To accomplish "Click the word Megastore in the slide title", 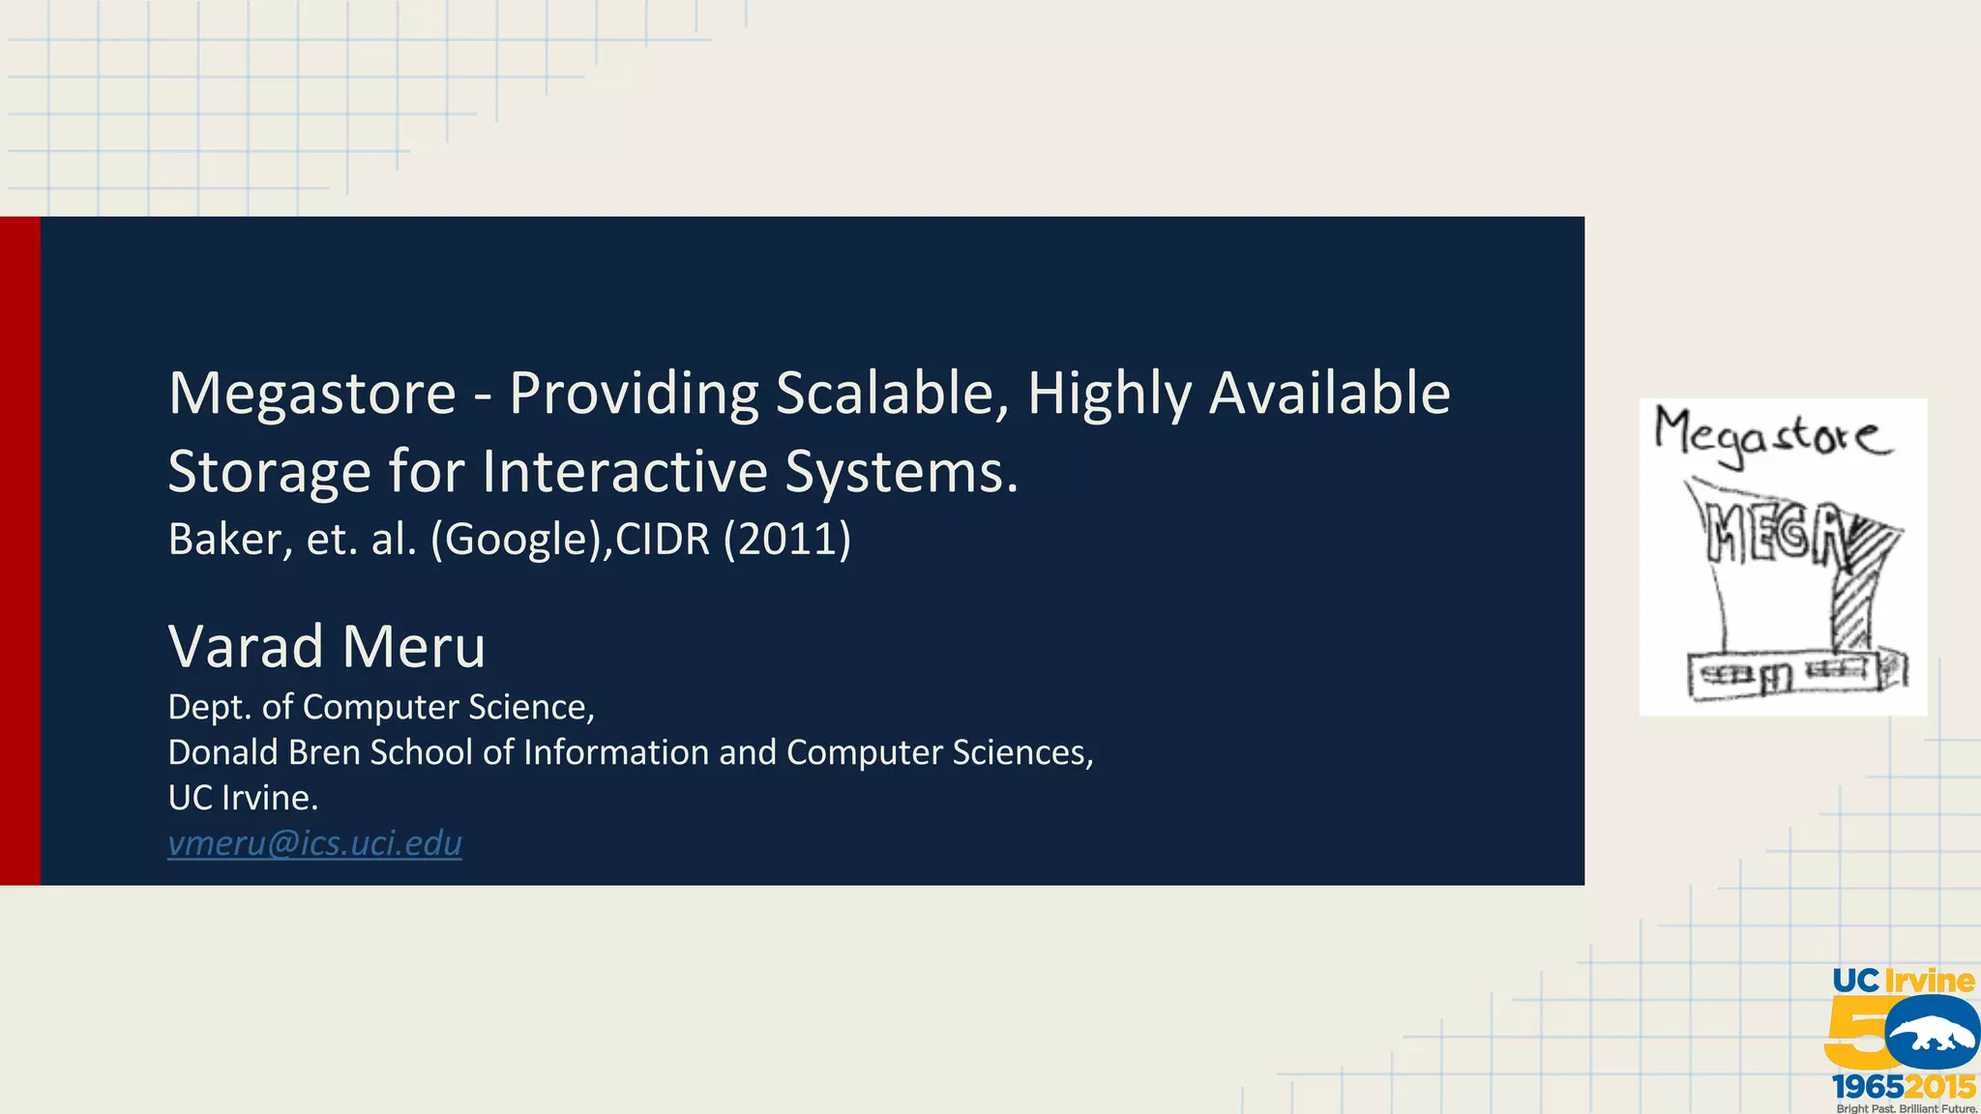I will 311,395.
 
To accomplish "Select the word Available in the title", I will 1329,395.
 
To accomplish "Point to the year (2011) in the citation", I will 786,539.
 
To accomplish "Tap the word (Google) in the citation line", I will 520,539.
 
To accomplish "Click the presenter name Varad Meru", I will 326,646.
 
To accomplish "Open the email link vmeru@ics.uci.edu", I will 314,843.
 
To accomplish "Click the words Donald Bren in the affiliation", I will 263,752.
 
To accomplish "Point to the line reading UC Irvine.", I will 243,798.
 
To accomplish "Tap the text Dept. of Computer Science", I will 380,707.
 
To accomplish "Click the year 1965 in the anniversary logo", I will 1867,1087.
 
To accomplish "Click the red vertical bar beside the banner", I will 19,550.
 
